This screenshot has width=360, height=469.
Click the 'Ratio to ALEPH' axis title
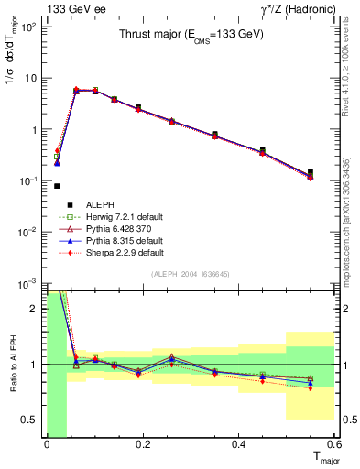click(12, 365)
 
